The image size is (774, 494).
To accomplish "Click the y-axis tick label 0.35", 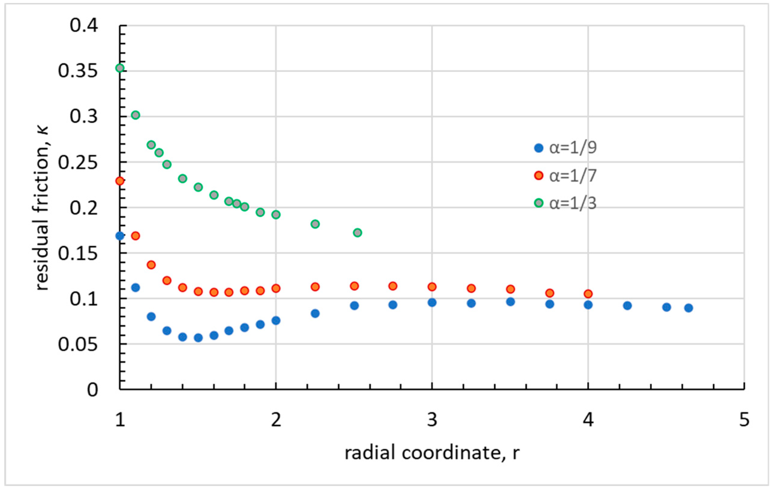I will (78, 71).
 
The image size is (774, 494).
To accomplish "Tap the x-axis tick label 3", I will (432, 420).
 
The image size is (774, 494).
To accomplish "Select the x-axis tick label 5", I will (744, 420).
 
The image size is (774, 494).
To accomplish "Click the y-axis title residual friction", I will (42, 209).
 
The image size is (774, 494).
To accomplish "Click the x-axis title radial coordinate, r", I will (432, 453).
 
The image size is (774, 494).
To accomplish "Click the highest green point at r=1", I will (120, 68).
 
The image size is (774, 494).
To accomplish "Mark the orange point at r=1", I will (120, 181).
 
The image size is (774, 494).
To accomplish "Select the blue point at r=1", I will (120, 236).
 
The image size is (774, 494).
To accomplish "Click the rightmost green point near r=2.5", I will (358, 233).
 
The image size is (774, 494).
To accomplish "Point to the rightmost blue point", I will (688, 308).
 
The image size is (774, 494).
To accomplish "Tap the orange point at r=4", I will (588, 294).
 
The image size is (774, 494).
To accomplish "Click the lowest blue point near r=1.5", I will (198, 338).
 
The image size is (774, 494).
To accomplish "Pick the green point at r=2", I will (276, 215).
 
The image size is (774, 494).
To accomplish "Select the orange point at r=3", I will (432, 287).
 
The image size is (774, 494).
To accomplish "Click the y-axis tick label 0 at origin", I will (92, 390).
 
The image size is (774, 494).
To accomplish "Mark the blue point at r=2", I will (276, 321).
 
